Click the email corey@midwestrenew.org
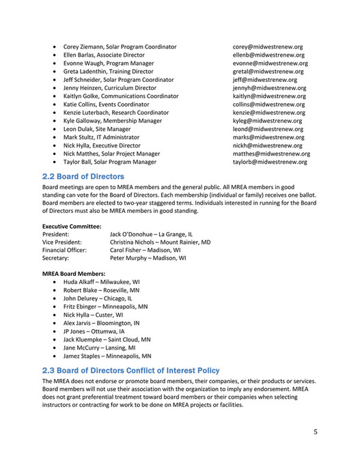(x=267, y=46)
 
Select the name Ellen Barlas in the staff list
(x=82, y=55)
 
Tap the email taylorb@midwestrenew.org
(x=271, y=162)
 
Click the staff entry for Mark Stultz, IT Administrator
(x=101, y=137)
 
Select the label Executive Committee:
(x=72, y=226)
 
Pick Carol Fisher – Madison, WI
(x=146, y=251)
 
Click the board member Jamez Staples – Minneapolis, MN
(x=107, y=356)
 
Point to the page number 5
(x=316, y=432)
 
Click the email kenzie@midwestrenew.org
(x=268, y=113)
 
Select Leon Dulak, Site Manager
(x=97, y=129)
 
